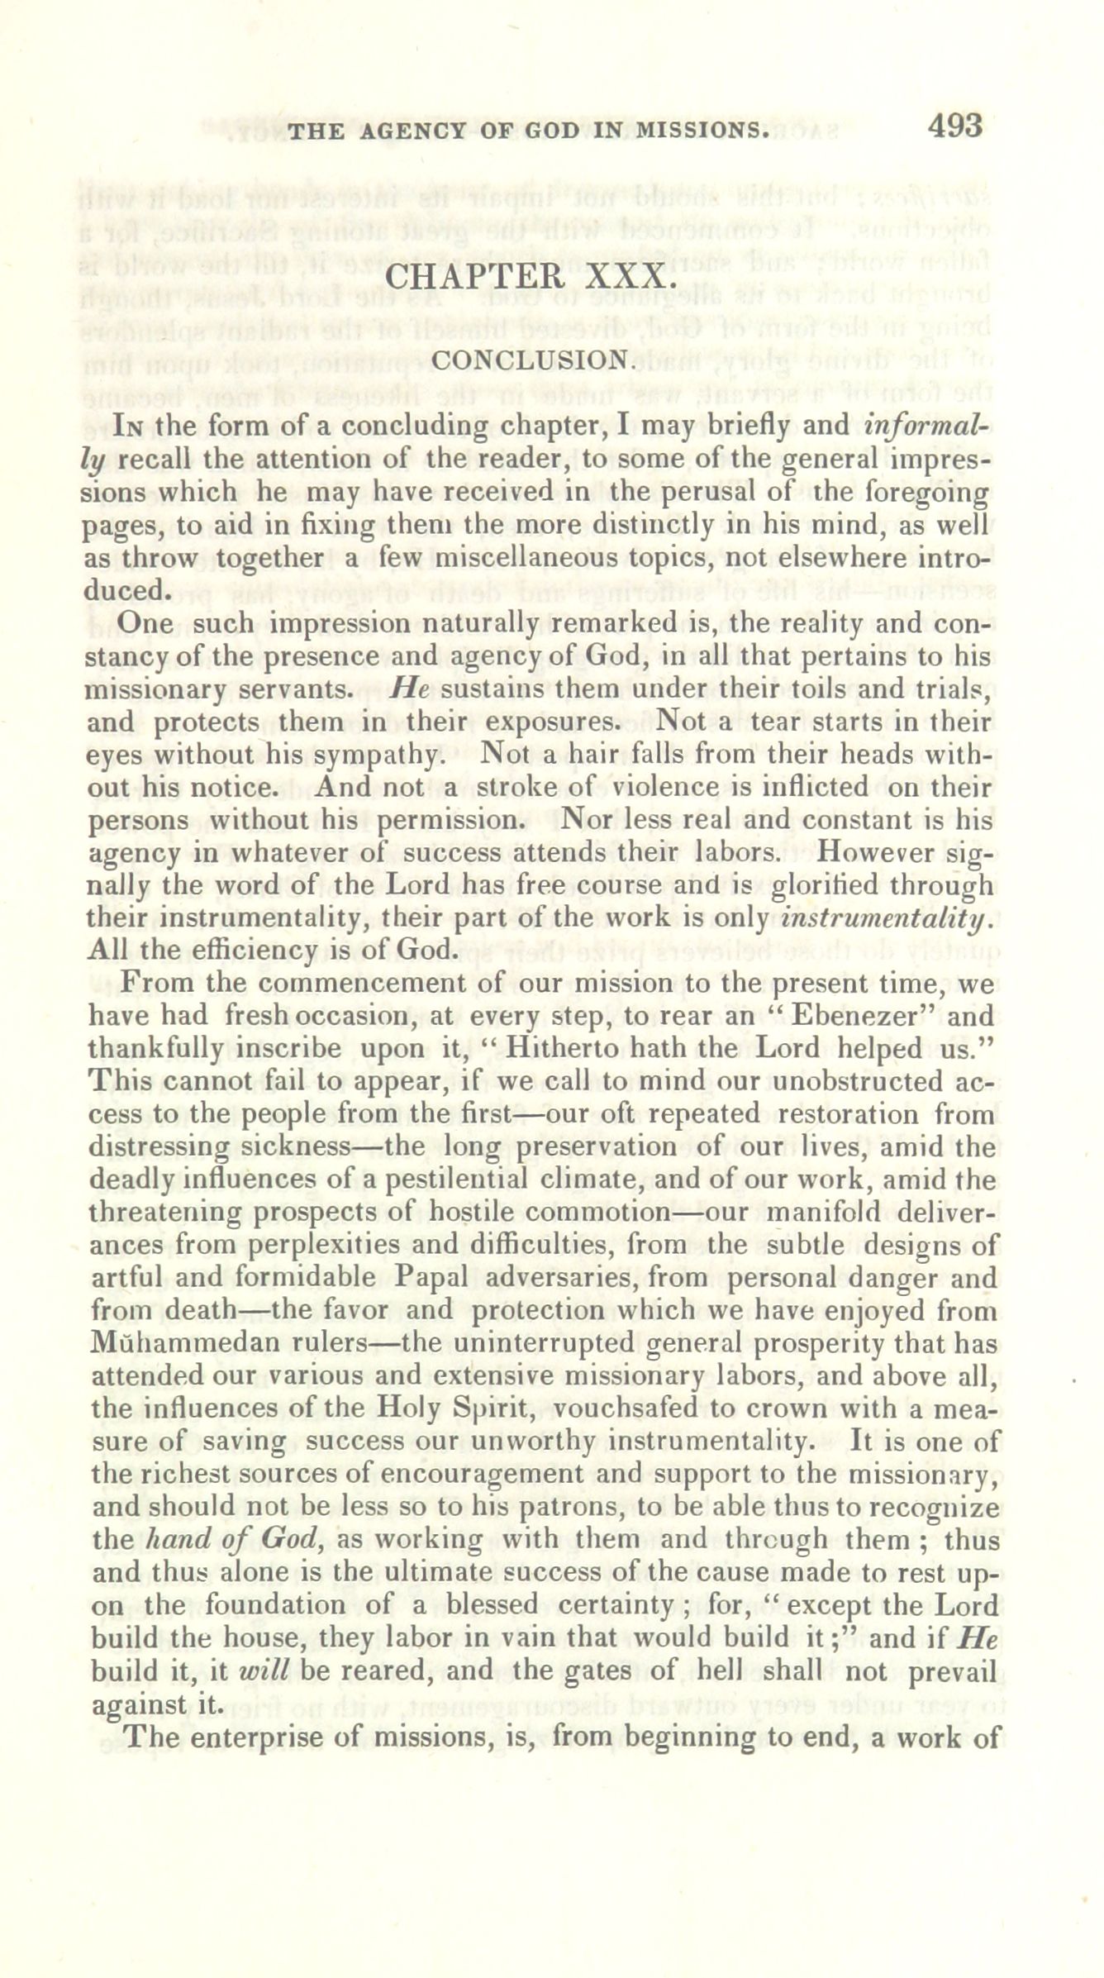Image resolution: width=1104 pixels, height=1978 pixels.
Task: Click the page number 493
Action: click(955, 126)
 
